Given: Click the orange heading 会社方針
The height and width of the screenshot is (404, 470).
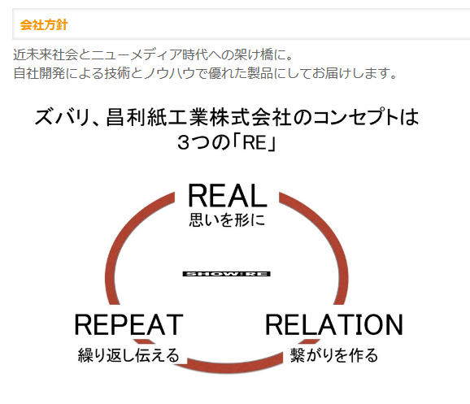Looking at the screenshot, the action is [44, 24].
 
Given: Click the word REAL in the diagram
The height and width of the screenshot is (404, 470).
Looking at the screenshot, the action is [228, 195].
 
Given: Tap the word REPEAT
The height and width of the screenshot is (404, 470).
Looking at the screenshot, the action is [128, 324].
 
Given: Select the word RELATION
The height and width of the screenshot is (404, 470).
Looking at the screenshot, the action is [334, 324].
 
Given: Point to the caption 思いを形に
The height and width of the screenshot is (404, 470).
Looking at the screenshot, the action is [227, 219].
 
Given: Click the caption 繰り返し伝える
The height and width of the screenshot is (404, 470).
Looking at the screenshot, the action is [128, 355].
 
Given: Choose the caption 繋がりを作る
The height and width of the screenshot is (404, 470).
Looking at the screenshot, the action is [334, 355].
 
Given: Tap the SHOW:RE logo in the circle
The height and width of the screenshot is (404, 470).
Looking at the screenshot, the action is [227, 274].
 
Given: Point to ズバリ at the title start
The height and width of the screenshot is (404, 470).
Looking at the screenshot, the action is [62, 117].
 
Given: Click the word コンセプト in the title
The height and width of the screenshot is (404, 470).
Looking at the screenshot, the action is [355, 117].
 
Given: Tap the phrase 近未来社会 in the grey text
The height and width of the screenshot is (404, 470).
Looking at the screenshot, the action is [46, 54].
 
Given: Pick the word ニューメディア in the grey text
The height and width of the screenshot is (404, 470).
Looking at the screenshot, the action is [137, 54].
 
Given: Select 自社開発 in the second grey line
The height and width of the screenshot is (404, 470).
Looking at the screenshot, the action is [39, 73].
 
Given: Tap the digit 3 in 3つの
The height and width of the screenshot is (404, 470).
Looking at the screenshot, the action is [183, 142].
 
